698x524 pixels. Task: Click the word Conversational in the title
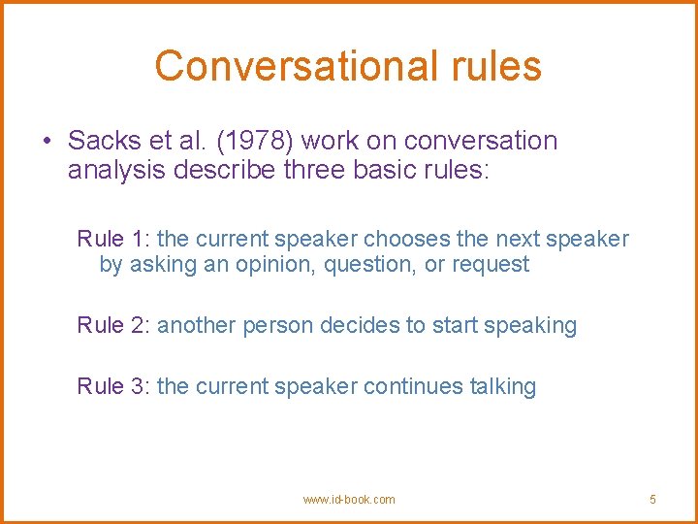click(270, 66)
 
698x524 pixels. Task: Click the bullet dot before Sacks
click(47, 142)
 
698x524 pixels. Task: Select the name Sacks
click(102, 141)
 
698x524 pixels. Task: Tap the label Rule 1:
click(113, 239)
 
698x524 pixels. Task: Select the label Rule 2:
click(113, 326)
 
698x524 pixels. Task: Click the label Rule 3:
click(113, 386)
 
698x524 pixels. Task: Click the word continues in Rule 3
click(414, 386)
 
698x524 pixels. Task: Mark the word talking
click(502, 386)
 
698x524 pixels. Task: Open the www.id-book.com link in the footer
click(349, 500)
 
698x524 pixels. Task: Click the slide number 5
click(652, 500)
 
